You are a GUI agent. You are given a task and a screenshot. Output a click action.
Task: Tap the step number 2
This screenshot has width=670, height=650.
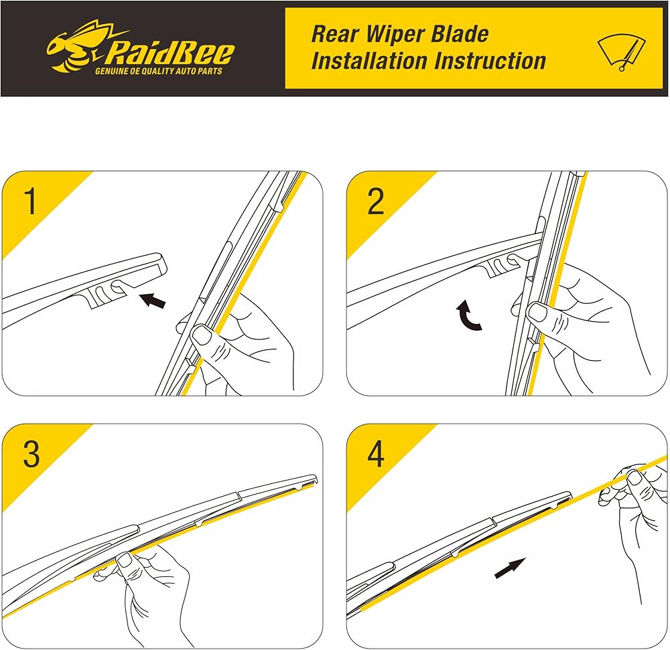pyautogui.click(x=376, y=201)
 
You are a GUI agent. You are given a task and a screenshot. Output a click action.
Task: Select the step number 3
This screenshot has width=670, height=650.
pyautogui.click(x=31, y=455)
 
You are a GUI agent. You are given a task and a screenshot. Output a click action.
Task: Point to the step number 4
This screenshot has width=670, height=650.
pyautogui.click(x=376, y=455)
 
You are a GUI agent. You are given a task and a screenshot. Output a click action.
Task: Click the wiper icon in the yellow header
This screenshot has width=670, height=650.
pyautogui.click(x=621, y=53)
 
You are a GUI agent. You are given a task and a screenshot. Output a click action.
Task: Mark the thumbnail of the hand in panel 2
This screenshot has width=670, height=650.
pyautogui.click(x=537, y=310)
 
